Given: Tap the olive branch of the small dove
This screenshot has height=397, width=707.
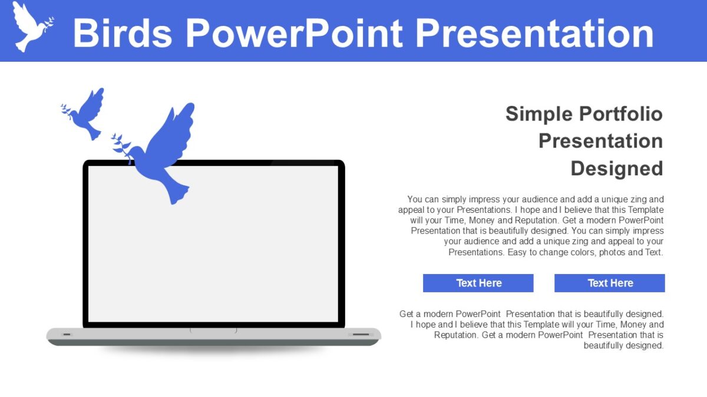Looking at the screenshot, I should click(67, 111).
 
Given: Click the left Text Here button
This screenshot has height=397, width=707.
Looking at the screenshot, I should click(478, 283).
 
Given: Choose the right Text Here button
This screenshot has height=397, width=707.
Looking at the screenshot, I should click(609, 283).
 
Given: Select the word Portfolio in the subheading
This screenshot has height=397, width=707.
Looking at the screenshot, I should click(621, 114).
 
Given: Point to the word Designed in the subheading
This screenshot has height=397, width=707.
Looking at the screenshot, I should click(616, 168).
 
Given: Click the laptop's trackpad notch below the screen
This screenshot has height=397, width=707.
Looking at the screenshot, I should click(213, 331).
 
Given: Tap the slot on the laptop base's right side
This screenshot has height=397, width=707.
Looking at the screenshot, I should click(360, 335).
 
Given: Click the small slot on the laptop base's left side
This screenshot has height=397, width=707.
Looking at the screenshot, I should click(66, 335).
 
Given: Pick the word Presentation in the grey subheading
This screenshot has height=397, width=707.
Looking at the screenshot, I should click(600, 141).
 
